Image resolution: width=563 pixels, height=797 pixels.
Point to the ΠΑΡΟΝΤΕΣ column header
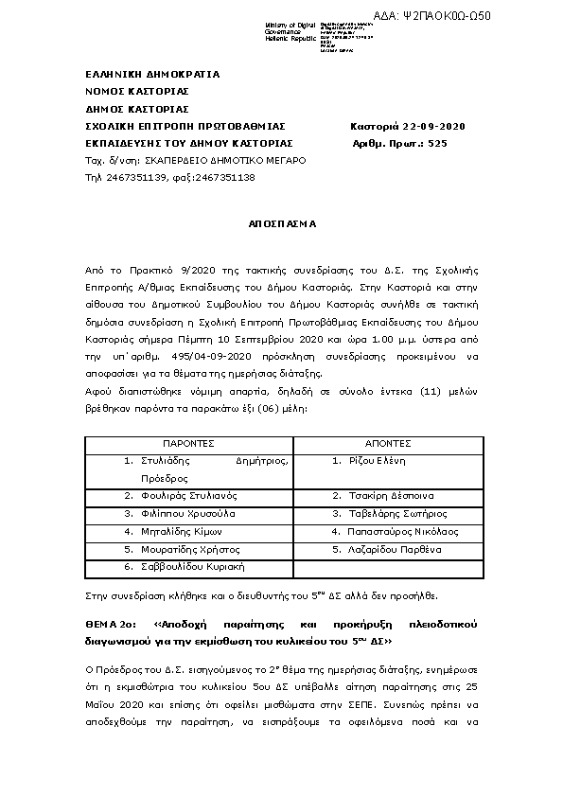coord(188,443)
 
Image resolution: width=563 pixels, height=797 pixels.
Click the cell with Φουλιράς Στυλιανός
coord(186,496)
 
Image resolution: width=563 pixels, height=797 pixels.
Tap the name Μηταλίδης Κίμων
coord(181,531)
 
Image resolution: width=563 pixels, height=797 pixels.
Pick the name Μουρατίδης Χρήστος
coord(187,549)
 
